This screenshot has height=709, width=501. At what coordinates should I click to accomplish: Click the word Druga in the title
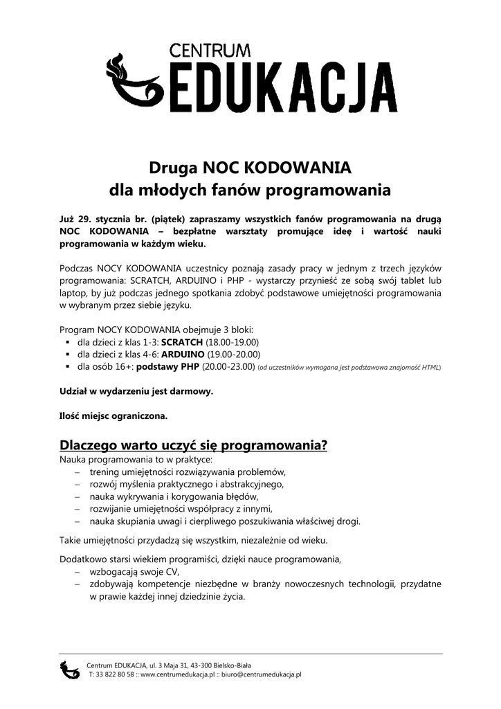[x=174, y=168]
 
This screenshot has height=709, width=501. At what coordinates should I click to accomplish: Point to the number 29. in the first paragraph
[x=87, y=219]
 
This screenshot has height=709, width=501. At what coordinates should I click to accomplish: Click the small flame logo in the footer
[x=70, y=669]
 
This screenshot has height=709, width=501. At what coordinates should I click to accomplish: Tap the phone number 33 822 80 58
[x=116, y=674]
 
